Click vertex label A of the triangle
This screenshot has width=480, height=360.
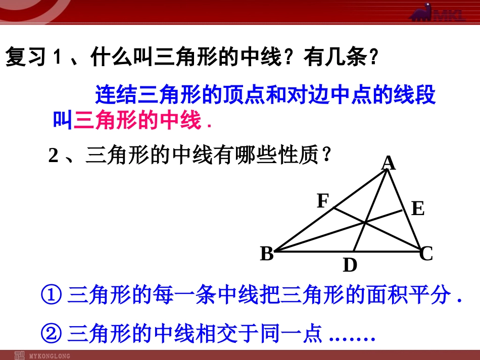click(388, 163)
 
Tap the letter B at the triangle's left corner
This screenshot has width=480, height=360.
click(267, 253)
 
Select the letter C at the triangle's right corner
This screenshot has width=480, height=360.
click(427, 253)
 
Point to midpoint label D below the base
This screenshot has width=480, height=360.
click(350, 265)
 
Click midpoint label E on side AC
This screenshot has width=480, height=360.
click(417, 209)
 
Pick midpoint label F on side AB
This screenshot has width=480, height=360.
click(323, 201)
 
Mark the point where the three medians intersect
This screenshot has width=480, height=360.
click(365, 222)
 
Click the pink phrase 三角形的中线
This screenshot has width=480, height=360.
click(137, 121)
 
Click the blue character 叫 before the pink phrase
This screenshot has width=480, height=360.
click(63, 121)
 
